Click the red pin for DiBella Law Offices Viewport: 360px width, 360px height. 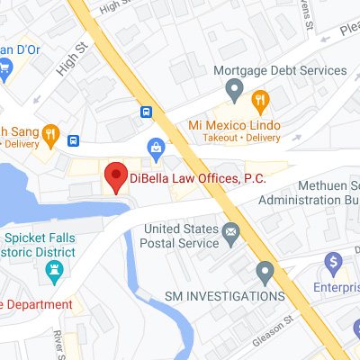pyautogui.click(x=115, y=176)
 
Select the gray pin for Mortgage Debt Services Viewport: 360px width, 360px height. pyautogui.click(x=234, y=89)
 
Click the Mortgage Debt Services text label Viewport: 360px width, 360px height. pyautogui.click(x=279, y=70)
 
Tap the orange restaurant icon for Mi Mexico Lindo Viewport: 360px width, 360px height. pyautogui.click(x=260, y=99)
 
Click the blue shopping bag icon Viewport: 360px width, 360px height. pyautogui.click(x=156, y=146)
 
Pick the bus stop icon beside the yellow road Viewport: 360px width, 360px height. pyautogui.click(x=146, y=112)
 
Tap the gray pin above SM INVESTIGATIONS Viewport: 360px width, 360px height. pyautogui.click(x=265, y=270)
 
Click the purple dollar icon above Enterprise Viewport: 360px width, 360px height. pyautogui.click(x=334, y=263)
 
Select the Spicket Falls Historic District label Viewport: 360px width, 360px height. pyautogui.click(x=40, y=246)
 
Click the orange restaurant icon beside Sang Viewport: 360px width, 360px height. pyautogui.click(x=50, y=136)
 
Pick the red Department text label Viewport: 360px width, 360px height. pyautogui.click(x=36, y=304)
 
